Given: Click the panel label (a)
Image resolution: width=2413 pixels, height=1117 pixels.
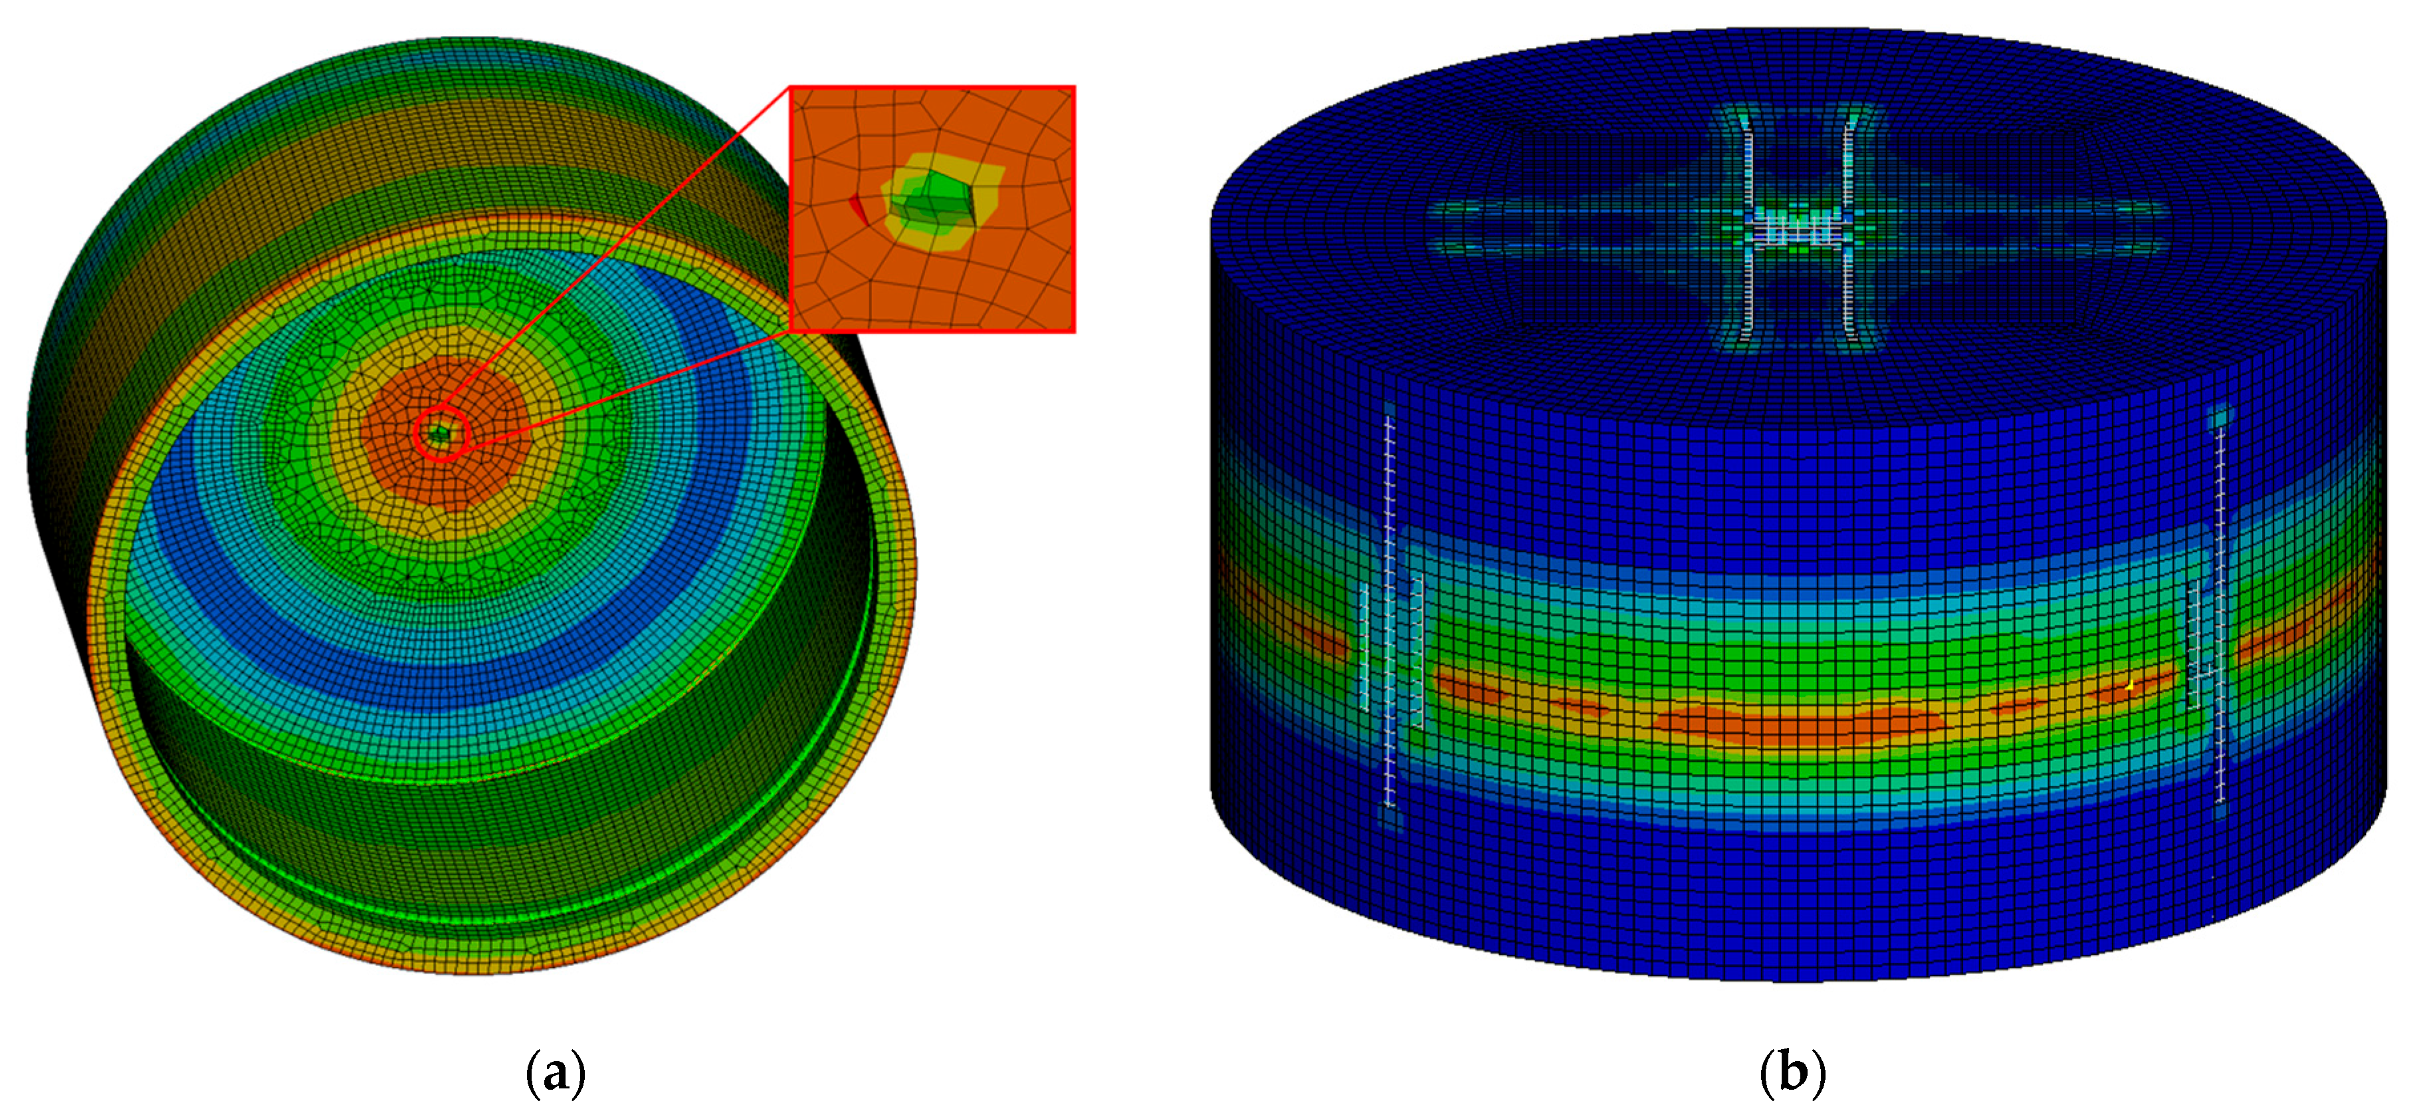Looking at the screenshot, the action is pyautogui.click(x=556, y=1073).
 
